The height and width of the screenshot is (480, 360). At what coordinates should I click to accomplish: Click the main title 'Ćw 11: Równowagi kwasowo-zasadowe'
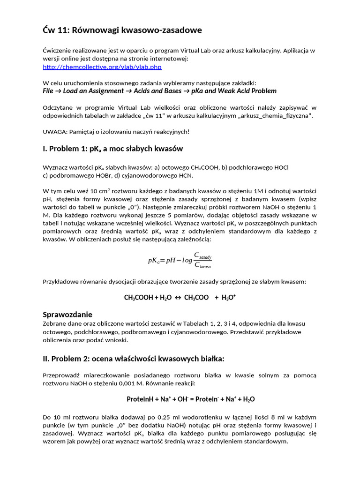(x=122, y=30)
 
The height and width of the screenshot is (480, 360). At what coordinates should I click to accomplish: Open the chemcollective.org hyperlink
(x=102, y=67)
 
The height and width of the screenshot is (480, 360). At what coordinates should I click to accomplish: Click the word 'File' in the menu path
(x=48, y=91)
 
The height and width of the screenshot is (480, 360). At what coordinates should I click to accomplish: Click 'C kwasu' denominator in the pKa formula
(x=202, y=265)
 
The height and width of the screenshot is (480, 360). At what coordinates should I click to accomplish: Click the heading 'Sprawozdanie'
(x=67, y=314)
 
